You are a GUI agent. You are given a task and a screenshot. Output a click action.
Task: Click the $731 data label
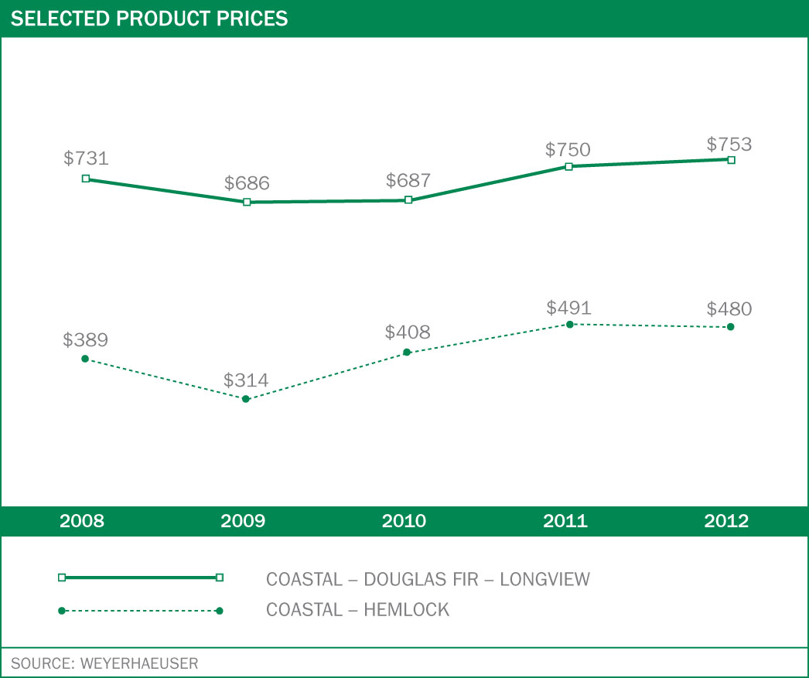pos(86,158)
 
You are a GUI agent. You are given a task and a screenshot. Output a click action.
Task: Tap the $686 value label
pos(247,183)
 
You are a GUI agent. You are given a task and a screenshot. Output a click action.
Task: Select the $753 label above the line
pos(729,145)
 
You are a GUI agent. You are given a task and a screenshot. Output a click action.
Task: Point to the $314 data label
pos(246,380)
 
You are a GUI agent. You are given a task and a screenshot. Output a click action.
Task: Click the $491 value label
pos(568,308)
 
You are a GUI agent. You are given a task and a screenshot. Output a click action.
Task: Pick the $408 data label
pos(408,333)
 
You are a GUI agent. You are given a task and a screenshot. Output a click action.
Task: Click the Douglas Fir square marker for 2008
pos(86,179)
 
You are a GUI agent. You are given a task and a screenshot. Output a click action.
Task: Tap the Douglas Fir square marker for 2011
pos(568,166)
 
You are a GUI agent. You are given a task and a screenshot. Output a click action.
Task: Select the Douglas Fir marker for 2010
pos(408,200)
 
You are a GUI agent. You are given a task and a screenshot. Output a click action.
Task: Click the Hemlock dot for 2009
pos(246,399)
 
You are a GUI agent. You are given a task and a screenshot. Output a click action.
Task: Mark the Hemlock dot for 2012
pos(731,327)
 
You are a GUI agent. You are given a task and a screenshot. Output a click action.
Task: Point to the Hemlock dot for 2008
pos(85,359)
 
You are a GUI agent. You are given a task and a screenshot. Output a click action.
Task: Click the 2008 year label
pos(82,521)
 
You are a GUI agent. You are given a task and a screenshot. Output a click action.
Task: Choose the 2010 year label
pos(404,521)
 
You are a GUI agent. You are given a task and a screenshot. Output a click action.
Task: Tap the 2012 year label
pos(727,521)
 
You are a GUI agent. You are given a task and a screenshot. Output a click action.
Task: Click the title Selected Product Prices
pos(149,19)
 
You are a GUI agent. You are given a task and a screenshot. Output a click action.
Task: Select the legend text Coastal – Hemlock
pos(357,610)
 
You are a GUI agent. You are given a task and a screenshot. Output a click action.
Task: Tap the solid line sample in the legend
pos(141,577)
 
